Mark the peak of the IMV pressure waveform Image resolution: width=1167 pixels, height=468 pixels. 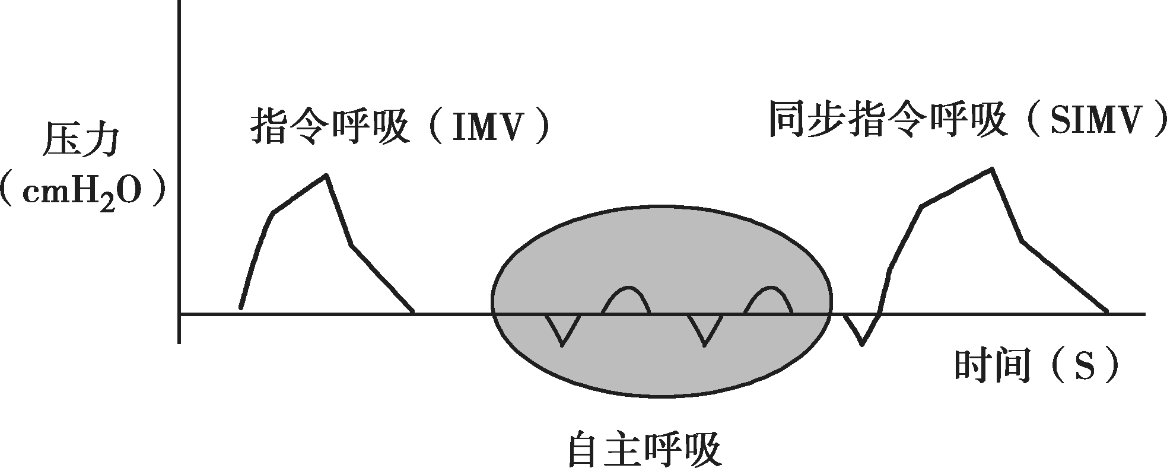[x=325, y=176]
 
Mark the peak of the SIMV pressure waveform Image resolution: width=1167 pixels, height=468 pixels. [x=991, y=170]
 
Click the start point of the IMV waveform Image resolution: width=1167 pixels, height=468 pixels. [x=240, y=308]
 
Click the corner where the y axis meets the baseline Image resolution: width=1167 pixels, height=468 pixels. [x=179, y=314]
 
